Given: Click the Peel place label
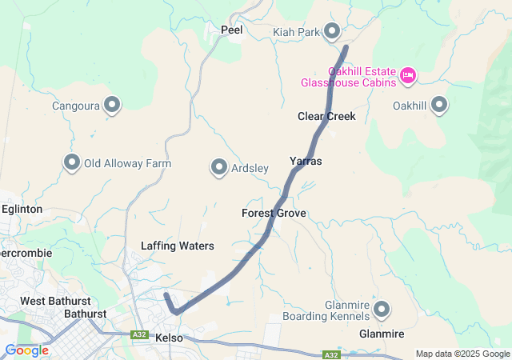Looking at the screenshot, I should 231,30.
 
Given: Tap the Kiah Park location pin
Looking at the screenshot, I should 332,32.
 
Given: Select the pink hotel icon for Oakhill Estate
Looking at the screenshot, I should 408,76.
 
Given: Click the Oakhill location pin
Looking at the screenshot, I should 439,105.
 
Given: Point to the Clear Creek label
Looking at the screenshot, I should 326,116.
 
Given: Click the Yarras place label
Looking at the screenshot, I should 306,161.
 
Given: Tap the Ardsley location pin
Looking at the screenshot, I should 219,167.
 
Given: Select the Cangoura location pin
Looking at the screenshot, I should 112,105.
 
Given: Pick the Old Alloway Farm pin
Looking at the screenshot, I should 71,163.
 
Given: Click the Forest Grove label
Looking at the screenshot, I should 274,214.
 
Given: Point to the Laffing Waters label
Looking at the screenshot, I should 177,246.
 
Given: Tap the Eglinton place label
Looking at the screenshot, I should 22,209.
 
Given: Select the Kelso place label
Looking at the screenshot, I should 169,338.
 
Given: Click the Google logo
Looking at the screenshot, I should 26,350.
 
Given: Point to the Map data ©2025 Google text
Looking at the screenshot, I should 462,354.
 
